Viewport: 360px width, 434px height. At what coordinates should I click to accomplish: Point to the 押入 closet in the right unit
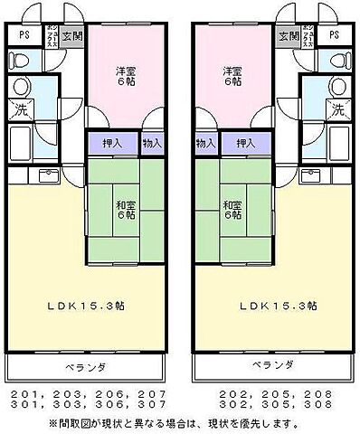[243, 144]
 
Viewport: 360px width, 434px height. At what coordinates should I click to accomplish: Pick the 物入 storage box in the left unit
[152, 144]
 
